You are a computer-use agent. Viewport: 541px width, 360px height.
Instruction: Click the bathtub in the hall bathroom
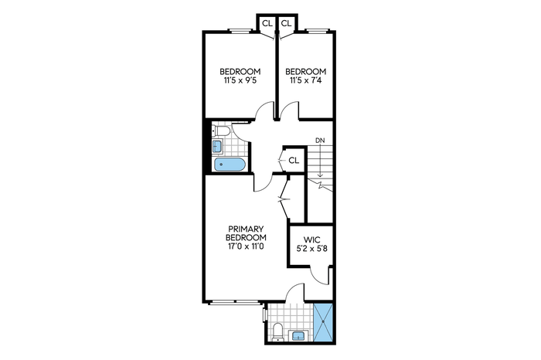(x=230, y=165)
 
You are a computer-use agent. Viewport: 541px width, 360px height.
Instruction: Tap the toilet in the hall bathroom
(x=221, y=131)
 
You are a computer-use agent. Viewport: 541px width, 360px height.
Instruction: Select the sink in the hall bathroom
(x=217, y=146)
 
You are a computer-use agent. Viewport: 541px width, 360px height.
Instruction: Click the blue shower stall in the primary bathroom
(x=323, y=321)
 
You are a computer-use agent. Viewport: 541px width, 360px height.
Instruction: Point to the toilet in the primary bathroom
(x=277, y=332)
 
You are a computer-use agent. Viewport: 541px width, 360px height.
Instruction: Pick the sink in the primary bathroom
(x=298, y=335)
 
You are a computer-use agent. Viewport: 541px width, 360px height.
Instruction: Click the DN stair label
(x=320, y=141)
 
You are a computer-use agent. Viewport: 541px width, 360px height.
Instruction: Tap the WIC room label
(x=311, y=239)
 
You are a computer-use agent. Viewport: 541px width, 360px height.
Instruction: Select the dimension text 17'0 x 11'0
(x=246, y=246)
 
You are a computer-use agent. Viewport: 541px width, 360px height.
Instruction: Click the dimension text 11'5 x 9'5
(x=240, y=80)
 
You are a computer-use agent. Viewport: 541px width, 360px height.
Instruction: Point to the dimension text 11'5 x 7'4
(x=306, y=80)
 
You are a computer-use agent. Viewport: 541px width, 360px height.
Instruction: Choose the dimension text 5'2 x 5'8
(x=311, y=248)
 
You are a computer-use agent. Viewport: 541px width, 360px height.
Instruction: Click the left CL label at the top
(x=267, y=23)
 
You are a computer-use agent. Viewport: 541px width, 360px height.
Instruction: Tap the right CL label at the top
(x=286, y=23)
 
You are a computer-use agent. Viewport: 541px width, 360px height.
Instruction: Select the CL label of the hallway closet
(x=294, y=161)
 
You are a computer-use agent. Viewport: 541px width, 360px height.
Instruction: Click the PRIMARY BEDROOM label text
(x=246, y=233)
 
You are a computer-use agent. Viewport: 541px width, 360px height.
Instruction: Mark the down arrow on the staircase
(x=321, y=161)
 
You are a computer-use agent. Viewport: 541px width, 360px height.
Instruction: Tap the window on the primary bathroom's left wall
(x=264, y=314)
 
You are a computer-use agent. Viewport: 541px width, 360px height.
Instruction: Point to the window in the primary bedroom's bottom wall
(x=234, y=302)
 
